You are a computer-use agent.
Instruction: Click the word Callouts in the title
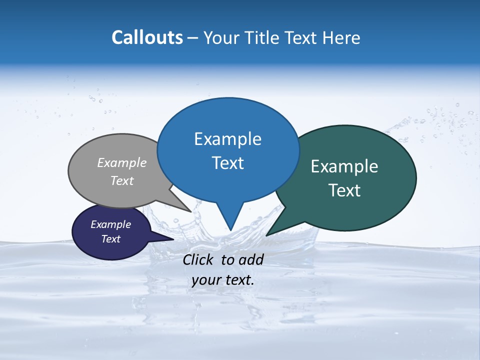tap(147, 37)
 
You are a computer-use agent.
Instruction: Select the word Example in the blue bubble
tap(227, 139)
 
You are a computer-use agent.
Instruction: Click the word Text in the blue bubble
tap(227, 163)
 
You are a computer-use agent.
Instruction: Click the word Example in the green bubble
tap(344, 166)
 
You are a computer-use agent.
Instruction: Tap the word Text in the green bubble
tap(344, 190)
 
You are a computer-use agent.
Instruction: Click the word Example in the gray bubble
tap(122, 162)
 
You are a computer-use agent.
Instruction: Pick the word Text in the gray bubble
tap(122, 180)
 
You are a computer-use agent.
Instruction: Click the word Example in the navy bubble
tap(110, 224)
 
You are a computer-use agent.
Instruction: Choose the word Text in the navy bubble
tap(110, 239)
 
